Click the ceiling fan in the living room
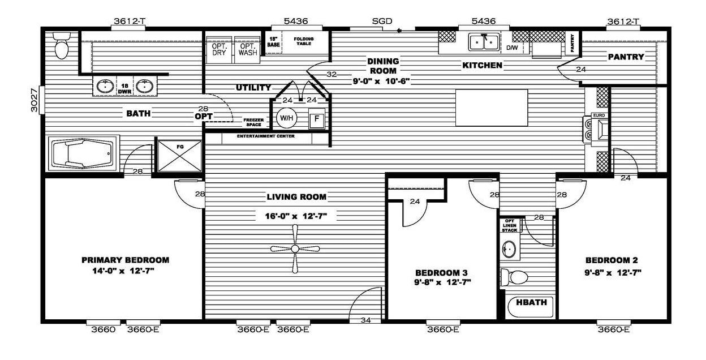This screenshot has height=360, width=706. [295, 248]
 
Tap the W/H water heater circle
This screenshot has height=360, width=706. [286, 118]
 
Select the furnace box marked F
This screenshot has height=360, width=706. [316, 118]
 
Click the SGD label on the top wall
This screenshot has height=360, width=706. [382, 21]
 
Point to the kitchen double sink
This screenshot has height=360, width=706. [484, 42]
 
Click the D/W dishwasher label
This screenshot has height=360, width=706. [512, 48]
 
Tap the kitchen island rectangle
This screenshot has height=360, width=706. [492, 108]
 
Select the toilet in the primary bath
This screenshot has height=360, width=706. [61, 45]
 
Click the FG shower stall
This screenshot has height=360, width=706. [179, 156]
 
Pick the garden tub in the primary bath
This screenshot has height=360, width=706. [83, 153]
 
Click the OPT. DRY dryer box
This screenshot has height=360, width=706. [219, 50]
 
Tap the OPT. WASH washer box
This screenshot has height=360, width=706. [247, 50]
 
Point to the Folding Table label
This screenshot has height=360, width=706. [304, 41]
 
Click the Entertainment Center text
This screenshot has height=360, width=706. [266, 136]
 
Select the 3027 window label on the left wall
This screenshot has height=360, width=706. [34, 100]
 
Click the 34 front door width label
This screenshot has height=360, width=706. [366, 320]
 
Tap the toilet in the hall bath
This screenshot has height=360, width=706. [514, 277]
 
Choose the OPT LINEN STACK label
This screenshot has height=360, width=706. [510, 225]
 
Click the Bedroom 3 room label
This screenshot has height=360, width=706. [441, 273]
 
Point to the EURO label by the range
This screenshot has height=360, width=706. [599, 115]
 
